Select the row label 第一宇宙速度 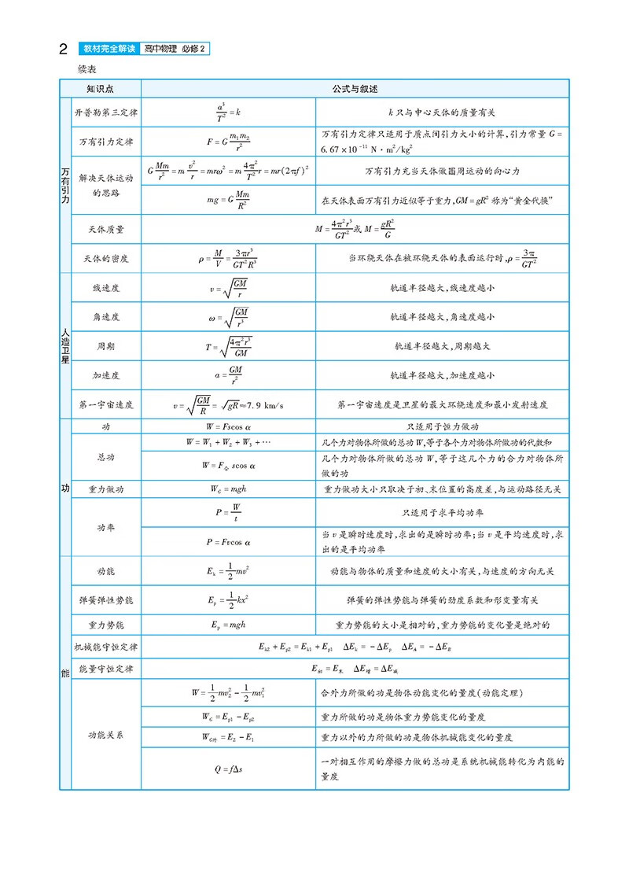[105, 404]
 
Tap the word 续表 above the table [87, 68]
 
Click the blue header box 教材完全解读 [110, 50]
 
